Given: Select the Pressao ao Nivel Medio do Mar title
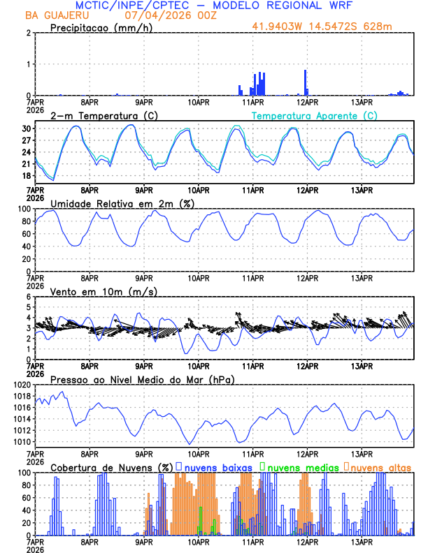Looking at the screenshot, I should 142,379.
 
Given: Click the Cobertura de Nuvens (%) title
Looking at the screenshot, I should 112,466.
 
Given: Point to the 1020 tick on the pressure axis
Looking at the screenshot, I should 21,385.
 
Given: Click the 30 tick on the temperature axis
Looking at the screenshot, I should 26,129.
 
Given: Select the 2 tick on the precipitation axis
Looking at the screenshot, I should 28,33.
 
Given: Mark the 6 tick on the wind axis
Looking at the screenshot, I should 28,297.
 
